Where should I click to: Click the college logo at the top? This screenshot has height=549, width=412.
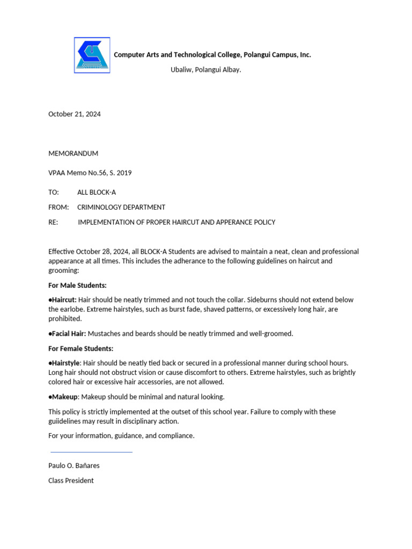[x=92, y=55]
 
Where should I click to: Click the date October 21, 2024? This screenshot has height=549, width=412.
[x=75, y=114]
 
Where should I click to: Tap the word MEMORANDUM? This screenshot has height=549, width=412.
[x=73, y=153]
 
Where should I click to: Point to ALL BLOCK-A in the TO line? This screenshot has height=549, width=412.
[x=97, y=192]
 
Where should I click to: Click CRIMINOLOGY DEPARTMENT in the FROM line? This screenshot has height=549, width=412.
[x=121, y=207]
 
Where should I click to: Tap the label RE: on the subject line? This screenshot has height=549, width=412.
[x=53, y=222]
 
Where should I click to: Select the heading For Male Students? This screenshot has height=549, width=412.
[x=77, y=285]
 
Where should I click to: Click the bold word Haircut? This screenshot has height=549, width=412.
[x=64, y=300]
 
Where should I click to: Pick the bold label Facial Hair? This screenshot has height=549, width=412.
[x=68, y=333]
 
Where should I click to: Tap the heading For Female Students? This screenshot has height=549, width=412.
[x=81, y=348]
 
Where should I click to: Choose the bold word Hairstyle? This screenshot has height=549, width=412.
[x=65, y=363]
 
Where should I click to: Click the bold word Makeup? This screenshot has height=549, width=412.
[x=64, y=397]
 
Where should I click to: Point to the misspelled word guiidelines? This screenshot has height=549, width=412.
[x=68, y=421]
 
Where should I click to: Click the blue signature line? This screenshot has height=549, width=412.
[x=91, y=452]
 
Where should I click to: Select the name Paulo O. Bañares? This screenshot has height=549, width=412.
[x=74, y=465]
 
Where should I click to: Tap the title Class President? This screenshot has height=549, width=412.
[x=71, y=480]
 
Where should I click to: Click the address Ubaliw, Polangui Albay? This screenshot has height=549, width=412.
[x=205, y=70]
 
